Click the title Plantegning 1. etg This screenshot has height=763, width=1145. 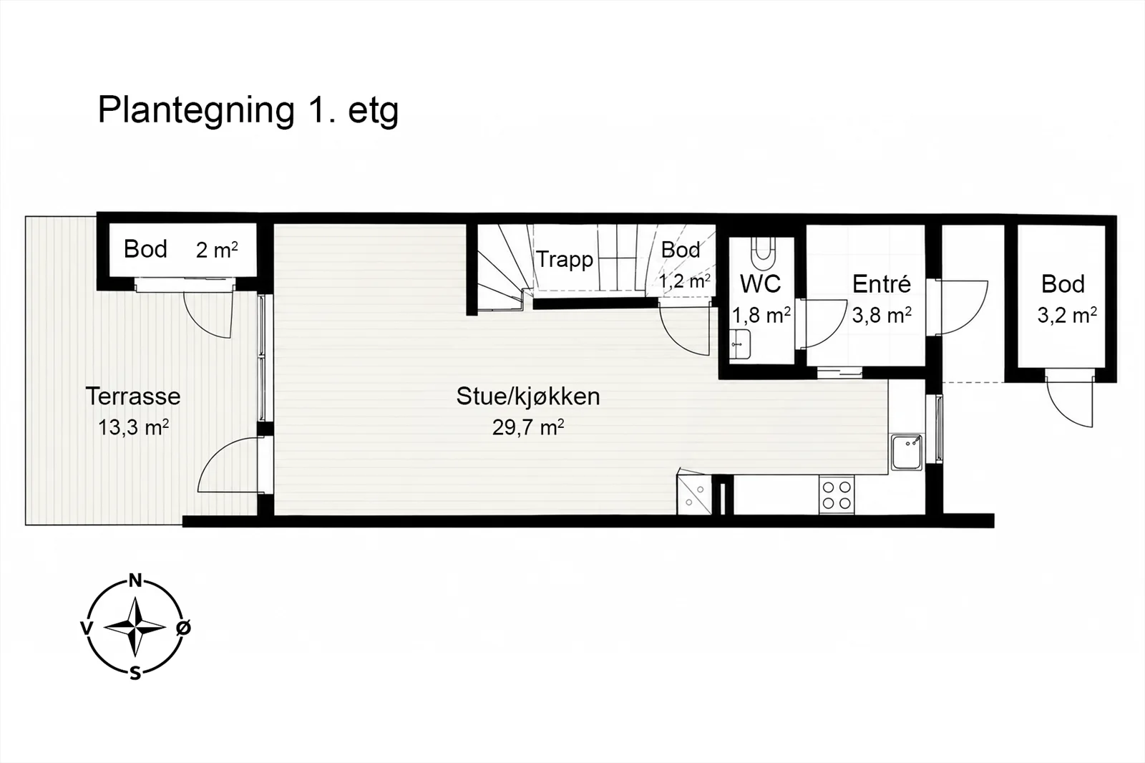click(x=248, y=111)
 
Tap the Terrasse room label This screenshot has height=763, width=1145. click(x=133, y=397)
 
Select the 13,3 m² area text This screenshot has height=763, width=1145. click(x=133, y=427)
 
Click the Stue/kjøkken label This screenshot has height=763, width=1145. click(x=528, y=397)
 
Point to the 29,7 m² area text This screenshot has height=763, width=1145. click(x=528, y=427)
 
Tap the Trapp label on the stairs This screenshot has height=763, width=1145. click(x=565, y=260)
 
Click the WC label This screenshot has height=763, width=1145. click(x=761, y=284)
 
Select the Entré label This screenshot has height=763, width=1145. click(x=882, y=284)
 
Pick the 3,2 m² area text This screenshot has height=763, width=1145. click(x=1067, y=315)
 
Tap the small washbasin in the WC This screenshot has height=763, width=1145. click(x=740, y=344)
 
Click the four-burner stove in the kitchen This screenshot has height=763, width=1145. click(x=837, y=495)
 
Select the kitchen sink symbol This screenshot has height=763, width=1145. click(x=907, y=452)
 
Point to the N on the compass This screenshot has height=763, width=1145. click(x=135, y=580)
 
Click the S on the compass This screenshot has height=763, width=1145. click(x=135, y=674)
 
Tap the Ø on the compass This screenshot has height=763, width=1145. click(x=183, y=627)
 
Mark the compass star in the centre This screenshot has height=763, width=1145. click(x=135, y=627)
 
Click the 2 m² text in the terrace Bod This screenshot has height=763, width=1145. click(x=217, y=250)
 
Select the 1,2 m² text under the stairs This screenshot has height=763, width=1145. click(x=684, y=281)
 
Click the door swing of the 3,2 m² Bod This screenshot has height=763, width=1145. click(x=1069, y=403)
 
